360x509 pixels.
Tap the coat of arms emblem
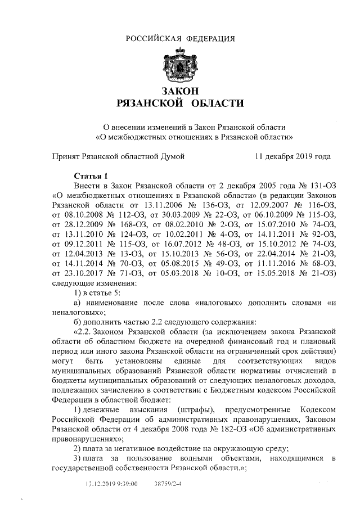coord(180,66)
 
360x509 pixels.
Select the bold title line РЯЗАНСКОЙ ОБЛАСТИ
coord(180,104)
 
